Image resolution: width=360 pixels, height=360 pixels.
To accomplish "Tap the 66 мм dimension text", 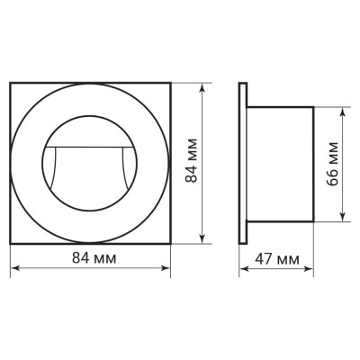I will coord(333,163).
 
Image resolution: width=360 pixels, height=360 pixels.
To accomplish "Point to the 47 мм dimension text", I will coord(277,260).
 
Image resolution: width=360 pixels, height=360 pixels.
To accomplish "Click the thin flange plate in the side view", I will coord(243,164).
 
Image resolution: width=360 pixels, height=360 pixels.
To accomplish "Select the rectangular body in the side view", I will coord(281,164).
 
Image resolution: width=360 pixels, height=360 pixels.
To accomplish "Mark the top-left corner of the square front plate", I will coord(10,85).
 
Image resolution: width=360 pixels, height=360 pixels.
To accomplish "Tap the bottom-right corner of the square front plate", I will coord(169,244).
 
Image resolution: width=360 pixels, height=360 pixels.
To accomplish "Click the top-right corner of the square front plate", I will coord(169,85).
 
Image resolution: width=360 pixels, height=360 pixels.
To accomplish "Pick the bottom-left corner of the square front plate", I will coord(10,244).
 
